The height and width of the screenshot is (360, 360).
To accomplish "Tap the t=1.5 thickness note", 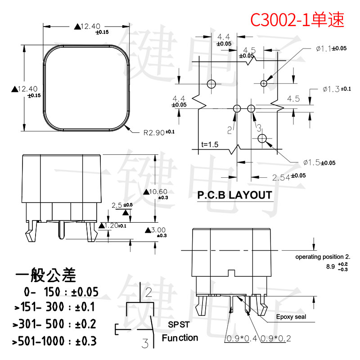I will (x=210, y=145).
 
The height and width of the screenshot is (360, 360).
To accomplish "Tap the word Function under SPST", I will (x=180, y=337).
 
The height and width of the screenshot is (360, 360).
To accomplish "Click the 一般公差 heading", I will (x=46, y=274).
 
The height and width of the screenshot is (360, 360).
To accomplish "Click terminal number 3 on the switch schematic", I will (x=145, y=344).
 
